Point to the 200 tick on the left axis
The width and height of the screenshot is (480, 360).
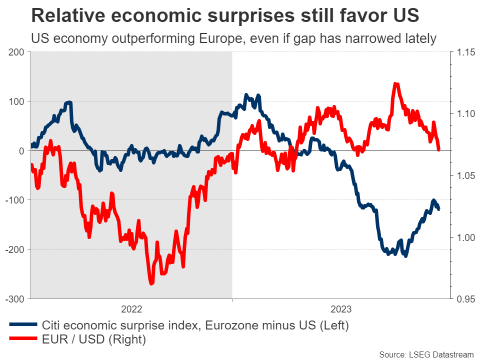[x=16, y=52]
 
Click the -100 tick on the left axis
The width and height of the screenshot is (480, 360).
[x=14, y=200]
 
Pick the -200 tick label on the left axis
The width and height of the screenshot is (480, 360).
[x=14, y=249]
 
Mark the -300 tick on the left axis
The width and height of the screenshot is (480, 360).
[x=14, y=298]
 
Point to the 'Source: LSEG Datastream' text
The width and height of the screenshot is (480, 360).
[x=425, y=354]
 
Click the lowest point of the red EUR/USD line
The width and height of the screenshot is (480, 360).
[x=151, y=283]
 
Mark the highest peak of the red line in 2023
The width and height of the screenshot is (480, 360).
[x=395, y=84]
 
